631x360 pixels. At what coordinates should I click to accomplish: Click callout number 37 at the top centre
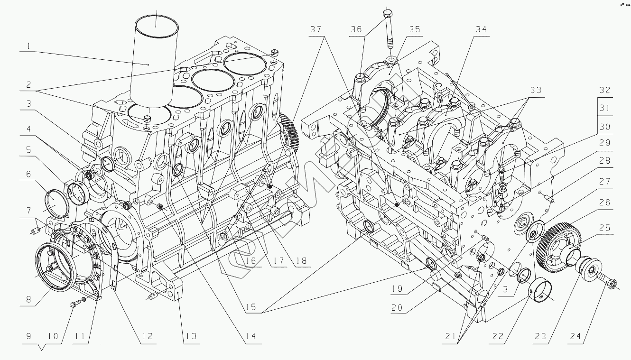[x=316, y=29]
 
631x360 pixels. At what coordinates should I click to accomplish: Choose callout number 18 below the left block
[x=300, y=261]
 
